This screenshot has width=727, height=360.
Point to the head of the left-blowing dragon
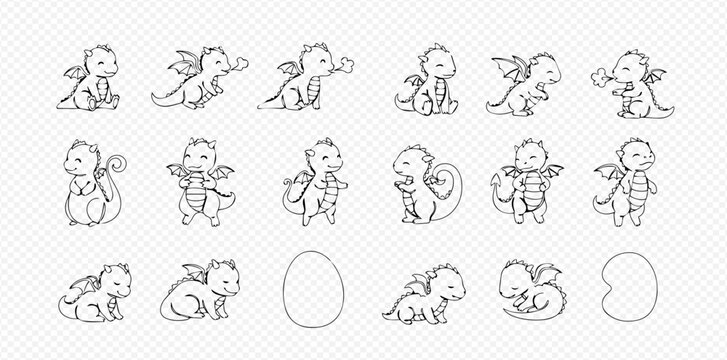tap(630, 67)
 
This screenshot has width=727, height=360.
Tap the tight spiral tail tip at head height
tap(117, 162)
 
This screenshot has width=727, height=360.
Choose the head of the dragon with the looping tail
tap(409, 160)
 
